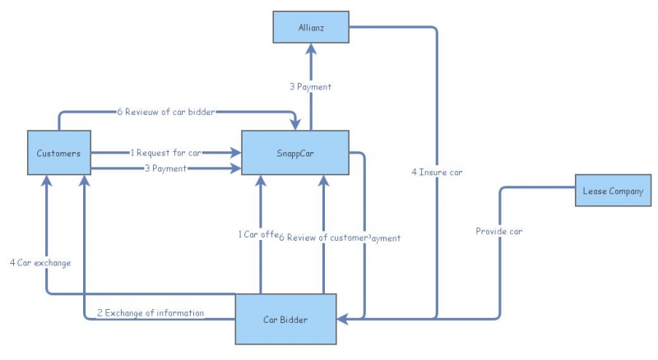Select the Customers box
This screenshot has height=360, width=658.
58,153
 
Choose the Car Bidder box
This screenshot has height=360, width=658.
285,319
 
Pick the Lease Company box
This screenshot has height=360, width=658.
613,191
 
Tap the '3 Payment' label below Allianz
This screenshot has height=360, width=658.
310,86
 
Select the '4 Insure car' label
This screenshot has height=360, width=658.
437,173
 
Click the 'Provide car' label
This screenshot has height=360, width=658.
498,231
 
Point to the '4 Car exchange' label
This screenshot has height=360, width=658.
40,263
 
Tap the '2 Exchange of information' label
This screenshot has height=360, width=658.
151,313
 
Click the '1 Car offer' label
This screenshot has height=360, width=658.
260,234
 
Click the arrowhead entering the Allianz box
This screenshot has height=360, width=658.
311,49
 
